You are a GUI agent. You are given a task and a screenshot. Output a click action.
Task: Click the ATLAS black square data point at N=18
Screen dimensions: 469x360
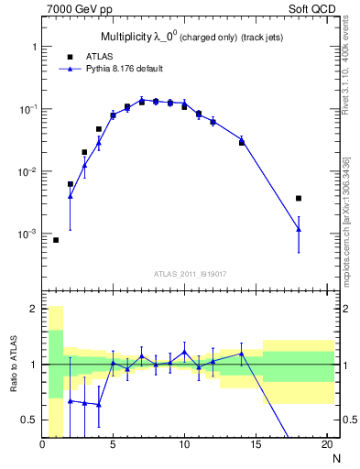[298, 198]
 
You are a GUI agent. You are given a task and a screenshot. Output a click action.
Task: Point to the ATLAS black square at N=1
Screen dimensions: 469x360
[56, 240]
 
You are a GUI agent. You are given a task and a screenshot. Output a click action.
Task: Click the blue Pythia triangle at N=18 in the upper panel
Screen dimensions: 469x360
[298, 229]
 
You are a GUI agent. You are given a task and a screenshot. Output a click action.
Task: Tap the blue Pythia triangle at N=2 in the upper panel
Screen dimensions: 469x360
[71, 196]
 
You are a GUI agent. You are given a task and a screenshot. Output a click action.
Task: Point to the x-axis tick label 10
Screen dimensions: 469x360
[184, 446]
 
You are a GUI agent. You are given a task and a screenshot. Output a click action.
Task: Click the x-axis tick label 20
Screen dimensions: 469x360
[325, 446]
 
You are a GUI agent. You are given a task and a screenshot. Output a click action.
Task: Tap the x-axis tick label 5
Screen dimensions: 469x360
[113, 446]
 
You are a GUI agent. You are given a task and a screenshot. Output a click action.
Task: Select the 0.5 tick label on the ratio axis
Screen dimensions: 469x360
[30, 420]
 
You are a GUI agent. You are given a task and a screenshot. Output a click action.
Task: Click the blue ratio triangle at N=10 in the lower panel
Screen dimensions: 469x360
[184, 352]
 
